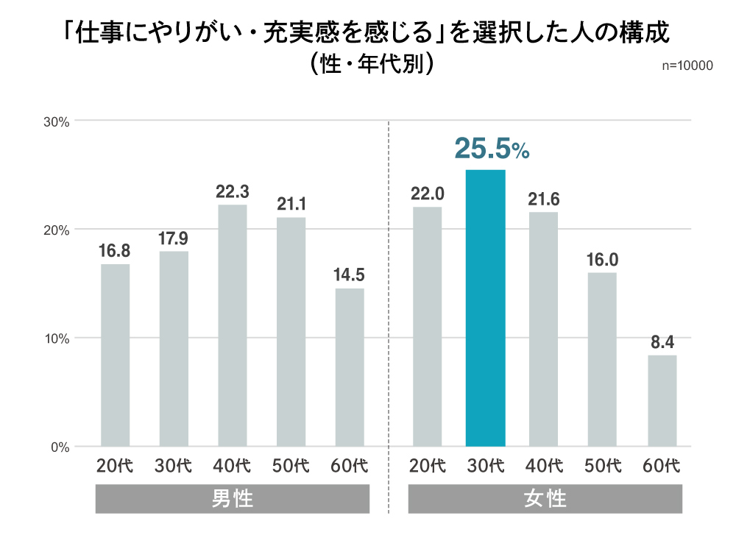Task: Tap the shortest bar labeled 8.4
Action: coord(662,400)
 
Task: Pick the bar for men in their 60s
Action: coord(350,367)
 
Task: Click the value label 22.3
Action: coord(232,192)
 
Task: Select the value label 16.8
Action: coord(115,251)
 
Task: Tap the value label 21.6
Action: coord(543,199)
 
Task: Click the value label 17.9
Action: coord(174,238)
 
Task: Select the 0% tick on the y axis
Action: coord(60,447)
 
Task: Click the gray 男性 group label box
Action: coord(233,500)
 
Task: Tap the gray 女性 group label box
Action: coord(545,500)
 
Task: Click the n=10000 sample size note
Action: coord(687,65)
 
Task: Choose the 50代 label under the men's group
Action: coord(291,466)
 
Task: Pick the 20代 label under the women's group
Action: coord(427,466)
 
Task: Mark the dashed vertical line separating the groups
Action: coord(389,294)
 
